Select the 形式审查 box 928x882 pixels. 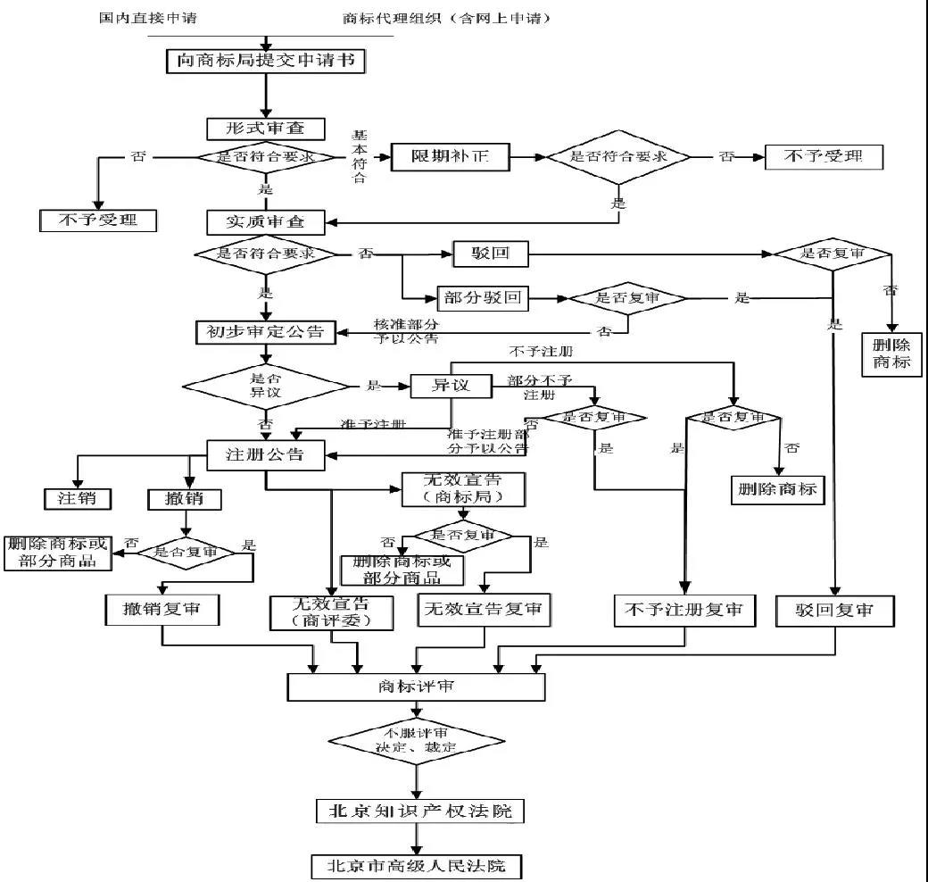point(265,129)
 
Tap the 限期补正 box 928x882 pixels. point(451,157)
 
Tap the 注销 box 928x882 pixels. point(78,498)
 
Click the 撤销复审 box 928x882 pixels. point(162,610)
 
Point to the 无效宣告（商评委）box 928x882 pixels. point(331,612)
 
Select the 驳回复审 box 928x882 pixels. point(834,611)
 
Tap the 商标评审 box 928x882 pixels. point(415,686)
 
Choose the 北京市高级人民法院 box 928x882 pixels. point(416,866)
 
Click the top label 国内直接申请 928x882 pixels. point(160,18)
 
